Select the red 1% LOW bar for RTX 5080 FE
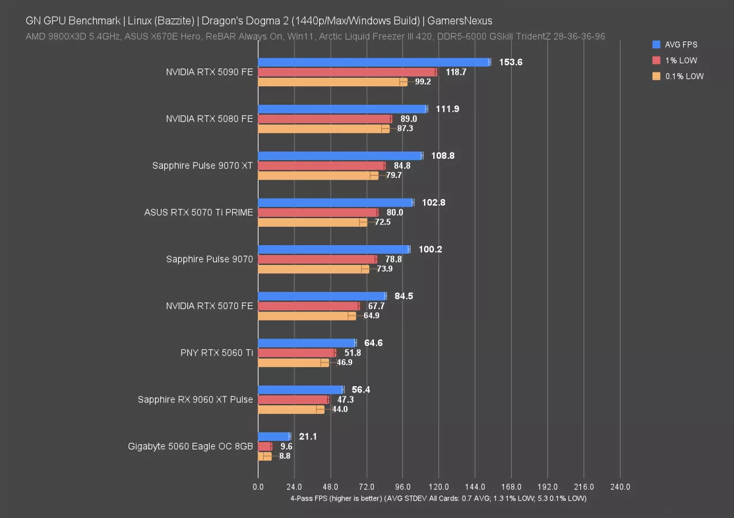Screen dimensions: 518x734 tap(324, 119)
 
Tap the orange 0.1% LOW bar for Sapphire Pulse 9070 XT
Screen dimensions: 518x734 tap(318, 175)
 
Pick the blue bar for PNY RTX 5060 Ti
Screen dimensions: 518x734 tap(307, 343)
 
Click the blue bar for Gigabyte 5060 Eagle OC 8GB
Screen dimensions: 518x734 tap(274, 436)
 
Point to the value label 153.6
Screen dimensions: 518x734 tap(510, 62)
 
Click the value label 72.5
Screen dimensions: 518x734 tap(383, 222)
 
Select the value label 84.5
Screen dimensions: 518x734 tap(404, 296)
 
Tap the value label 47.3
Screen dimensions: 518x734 tap(346, 399)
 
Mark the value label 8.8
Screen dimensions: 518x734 tap(285, 456)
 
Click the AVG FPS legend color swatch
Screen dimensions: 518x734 tap(656, 44)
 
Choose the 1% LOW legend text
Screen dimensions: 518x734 tap(681, 60)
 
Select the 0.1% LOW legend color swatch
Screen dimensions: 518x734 tap(656, 76)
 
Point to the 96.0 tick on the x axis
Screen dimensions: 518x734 tap(403, 487)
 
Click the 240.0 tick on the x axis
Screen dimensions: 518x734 tap(620, 487)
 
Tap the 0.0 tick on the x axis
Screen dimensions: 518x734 tap(258, 487)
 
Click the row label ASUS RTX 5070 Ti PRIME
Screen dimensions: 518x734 tap(198, 212)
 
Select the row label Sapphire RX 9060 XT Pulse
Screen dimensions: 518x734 tap(195, 399)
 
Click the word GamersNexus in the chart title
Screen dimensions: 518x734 tap(464, 21)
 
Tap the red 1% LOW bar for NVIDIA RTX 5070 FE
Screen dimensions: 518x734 tap(308, 306)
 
